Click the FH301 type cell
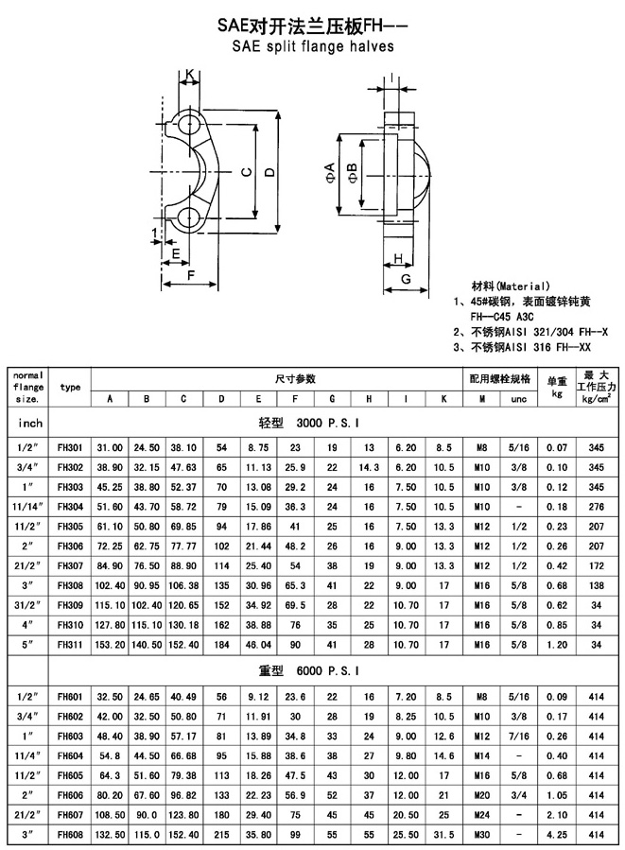tap(70, 448)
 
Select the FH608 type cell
tap(70, 834)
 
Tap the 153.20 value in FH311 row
tap(110, 645)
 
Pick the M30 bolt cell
tap(481, 834)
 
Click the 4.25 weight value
tap(557, 834)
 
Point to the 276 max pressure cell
tap(597, 507)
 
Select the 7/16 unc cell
tap(519, 736)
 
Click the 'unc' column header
tap(519, 399)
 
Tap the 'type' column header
tap(70, 387)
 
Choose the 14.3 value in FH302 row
tap(369, 467)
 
